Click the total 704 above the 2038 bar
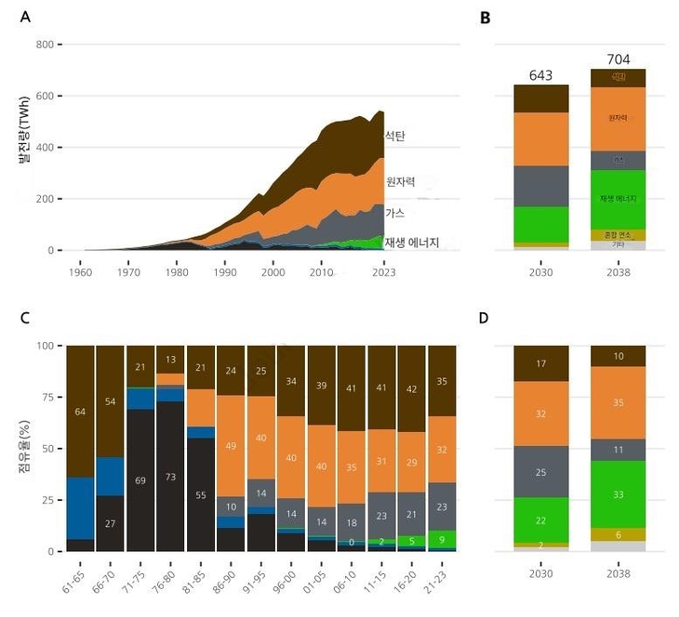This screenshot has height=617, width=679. tap(618, 59)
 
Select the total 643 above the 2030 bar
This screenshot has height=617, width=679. tap(541, 75)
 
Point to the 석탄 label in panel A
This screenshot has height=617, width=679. tap(395, 136)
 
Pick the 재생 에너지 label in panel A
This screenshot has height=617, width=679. tap(412, 243)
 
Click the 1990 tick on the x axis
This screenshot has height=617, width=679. tap(224, 272)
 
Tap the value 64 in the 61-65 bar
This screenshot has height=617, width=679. tap(81, 412)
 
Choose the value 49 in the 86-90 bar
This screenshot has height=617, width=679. tap(231, 445)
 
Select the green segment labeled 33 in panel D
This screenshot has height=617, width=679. tap(618, 495)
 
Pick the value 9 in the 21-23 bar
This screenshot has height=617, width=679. tap(441, 536)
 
